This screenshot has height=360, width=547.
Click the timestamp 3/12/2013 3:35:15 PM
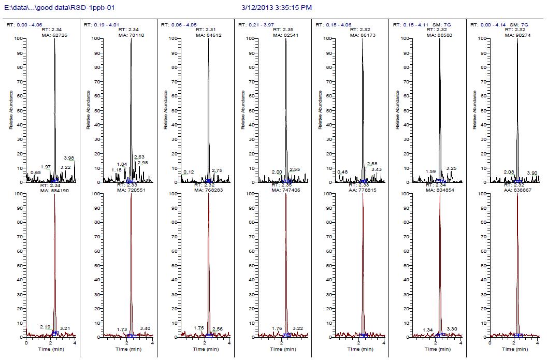coord(277,8)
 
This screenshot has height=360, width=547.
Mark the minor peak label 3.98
coord(69,158)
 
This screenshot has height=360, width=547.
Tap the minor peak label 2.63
coord(139,157)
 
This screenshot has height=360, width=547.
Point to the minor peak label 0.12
coord(189,172)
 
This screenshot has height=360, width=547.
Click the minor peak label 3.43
coord(377,169)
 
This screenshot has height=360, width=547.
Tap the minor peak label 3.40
coord(145,328)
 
